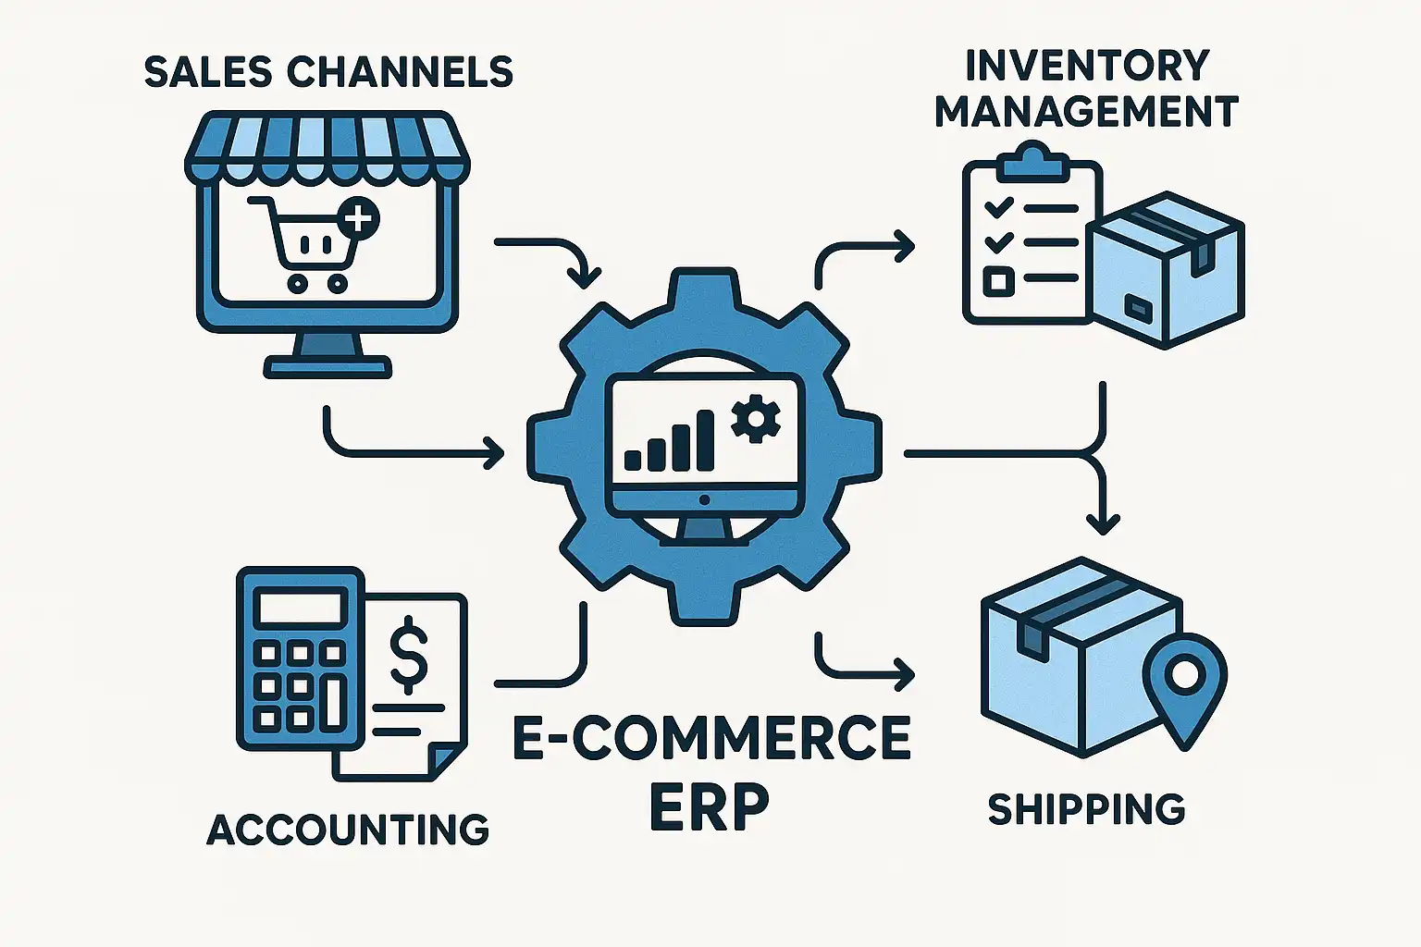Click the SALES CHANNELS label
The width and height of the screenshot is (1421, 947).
pos(328,72)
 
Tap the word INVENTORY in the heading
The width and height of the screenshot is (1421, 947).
pos(1086,66)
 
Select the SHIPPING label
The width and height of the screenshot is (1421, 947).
pos(1086,809)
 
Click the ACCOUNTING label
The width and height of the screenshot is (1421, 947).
pos(348,830)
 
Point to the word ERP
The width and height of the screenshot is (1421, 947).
pos(710,806)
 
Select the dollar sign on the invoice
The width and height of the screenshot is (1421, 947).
pos(408,658)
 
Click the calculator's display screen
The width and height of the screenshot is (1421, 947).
pos(300,608)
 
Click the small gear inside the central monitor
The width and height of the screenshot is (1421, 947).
pos(755,418)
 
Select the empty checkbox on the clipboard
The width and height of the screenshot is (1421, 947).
pos(997,280)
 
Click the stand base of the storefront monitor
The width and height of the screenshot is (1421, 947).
pos(327,368)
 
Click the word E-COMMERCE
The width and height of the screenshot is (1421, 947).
pos(710,737)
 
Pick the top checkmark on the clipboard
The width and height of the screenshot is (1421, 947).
pos(998,207)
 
